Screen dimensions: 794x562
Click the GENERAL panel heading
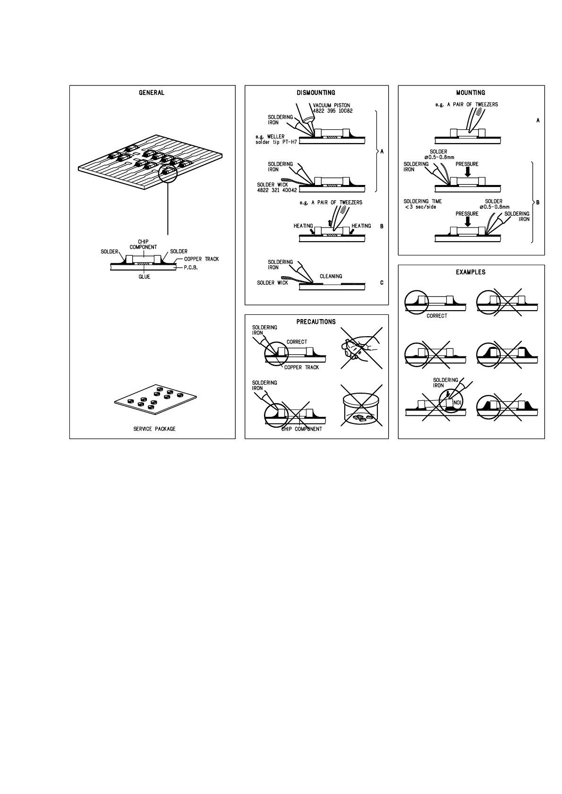point(152,93)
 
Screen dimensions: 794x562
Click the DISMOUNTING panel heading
point(316,93)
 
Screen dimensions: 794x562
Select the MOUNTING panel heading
point(470,93)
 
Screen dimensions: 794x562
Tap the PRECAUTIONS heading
point(316,322)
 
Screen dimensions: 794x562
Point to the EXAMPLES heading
point(470,272)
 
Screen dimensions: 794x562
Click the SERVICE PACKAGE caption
point(154,429)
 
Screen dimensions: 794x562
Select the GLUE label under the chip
point(145,277)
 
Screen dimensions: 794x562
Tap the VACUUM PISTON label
point(332,106)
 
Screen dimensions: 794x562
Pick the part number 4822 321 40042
point(277,190)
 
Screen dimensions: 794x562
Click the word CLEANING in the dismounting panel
point(331,276)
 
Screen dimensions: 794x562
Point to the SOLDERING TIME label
point(423,202)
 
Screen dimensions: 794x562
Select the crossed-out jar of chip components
point(362,407)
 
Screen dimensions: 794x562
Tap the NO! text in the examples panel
point(457,402)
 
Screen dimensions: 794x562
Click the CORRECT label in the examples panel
point(436,316)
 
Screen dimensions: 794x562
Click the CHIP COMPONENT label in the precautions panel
point(302,429)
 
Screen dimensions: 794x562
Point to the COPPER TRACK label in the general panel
point(202,259)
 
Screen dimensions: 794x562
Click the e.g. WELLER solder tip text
point(276,139)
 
